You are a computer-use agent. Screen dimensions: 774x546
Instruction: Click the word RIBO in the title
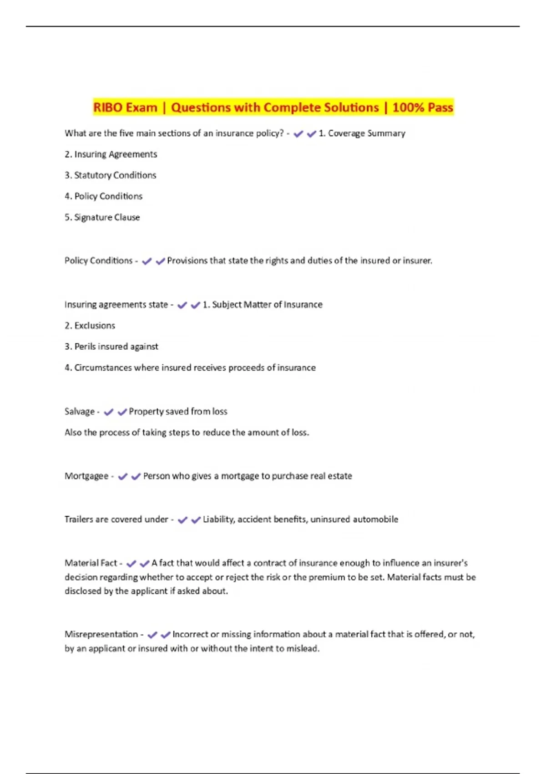point(107,107)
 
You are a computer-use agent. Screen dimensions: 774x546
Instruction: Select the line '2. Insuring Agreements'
point(111,154)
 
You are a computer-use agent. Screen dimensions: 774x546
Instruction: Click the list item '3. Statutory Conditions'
point(111,175)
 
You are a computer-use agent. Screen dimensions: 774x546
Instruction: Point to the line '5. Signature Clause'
point(102,218)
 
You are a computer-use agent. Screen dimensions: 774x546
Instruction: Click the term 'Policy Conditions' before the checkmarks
point(98,261)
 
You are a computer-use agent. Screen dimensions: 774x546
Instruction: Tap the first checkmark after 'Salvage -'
point(108,412)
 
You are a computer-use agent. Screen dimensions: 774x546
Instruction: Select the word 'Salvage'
point(80,412)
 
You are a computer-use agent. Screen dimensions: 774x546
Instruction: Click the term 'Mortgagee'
point(86,476)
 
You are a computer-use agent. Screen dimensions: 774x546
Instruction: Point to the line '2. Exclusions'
point(90,326)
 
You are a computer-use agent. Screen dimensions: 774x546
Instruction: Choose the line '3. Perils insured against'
point(111,347)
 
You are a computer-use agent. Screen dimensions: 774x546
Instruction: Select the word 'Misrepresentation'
point(101,634)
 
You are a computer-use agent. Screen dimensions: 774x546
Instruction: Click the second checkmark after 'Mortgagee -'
point(136,477)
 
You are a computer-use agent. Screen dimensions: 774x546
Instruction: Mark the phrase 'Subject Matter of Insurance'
point(267,305)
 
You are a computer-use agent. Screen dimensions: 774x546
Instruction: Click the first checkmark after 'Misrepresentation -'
point(152,635)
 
